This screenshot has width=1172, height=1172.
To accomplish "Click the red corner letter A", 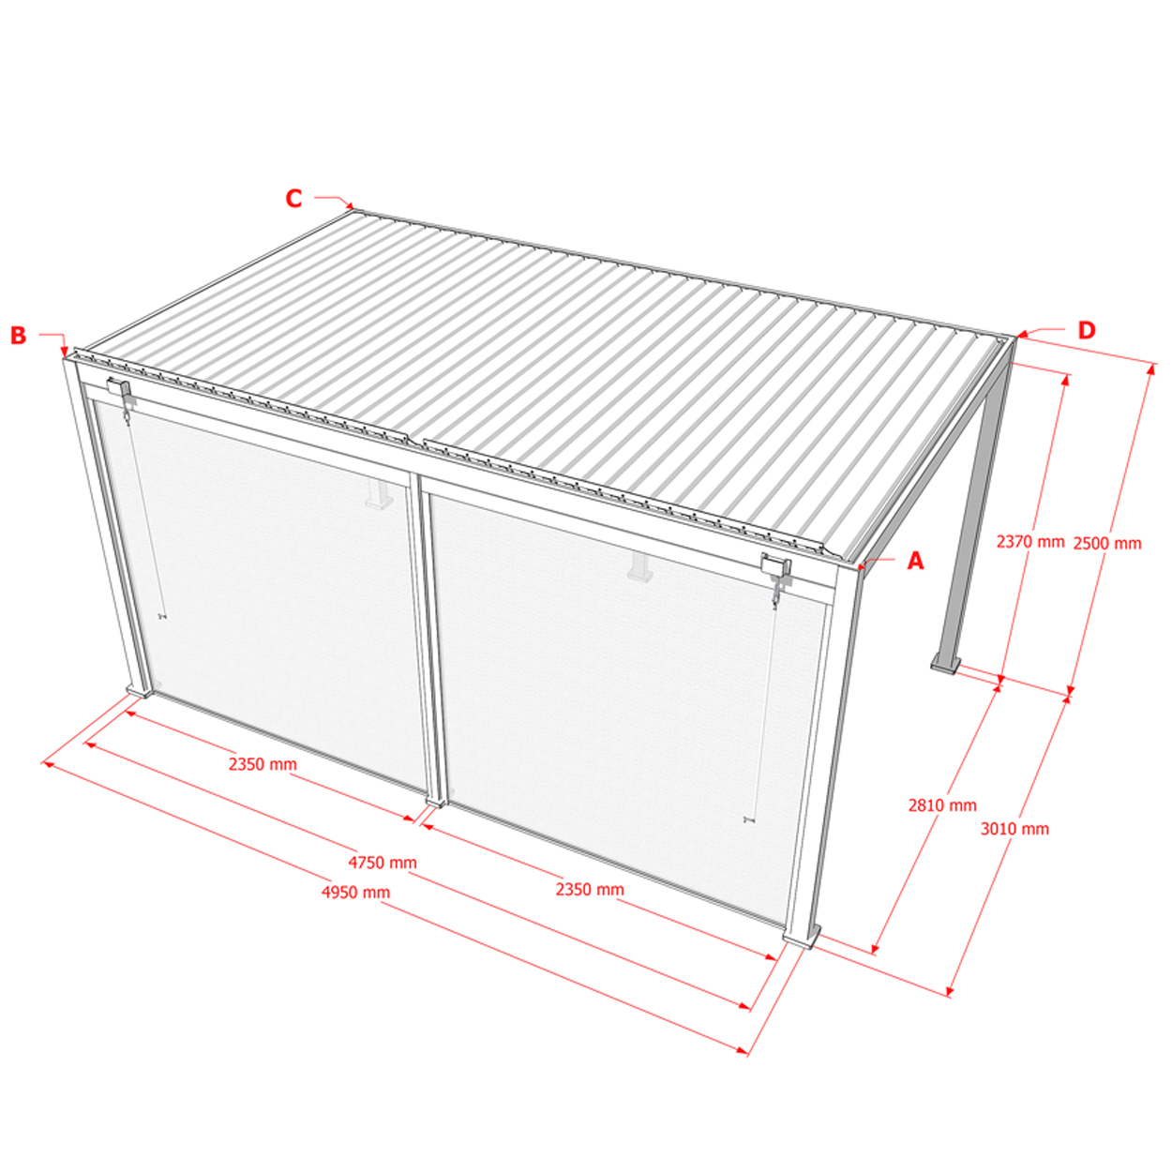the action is [x=915, y=560].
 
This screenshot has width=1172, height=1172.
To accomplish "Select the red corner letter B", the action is [x=18, y=335].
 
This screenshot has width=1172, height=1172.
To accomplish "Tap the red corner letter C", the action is [x=293, y=198].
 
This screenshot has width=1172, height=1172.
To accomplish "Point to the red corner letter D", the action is [x=1087, y=330].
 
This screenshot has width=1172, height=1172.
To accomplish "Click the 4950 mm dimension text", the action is [x=355, y=893].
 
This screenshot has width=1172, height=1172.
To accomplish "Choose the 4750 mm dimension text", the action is [x=383, y=863].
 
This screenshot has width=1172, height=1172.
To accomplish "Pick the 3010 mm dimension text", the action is [x=1014, y=828].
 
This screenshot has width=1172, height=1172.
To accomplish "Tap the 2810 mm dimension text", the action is [x=942, y=805].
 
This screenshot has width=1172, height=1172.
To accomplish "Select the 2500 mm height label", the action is [x=1107, y=543].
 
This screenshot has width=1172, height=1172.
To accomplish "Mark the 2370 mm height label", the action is [x=1030, y=541].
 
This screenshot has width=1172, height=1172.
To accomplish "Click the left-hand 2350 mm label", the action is [x=263, y=764].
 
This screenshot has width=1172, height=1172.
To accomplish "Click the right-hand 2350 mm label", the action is [x=590, y=889].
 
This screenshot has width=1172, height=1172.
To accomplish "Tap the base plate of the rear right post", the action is [x=946, y=665].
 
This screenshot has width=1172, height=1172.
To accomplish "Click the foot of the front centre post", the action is [x=435, y=801].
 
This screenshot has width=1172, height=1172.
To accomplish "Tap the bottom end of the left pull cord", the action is [x=162, y=617].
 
